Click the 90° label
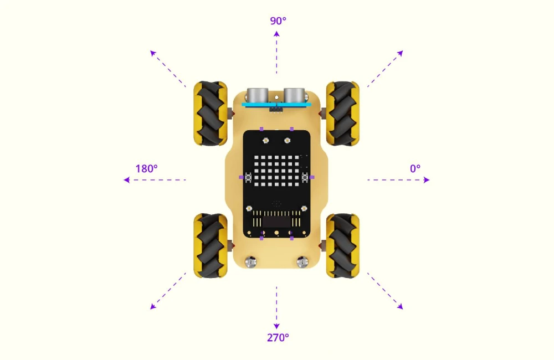point(278,21)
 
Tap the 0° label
point(415,168)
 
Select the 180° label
point(147,168)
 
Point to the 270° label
point(278,338)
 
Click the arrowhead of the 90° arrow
point(276,34)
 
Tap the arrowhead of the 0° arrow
point(427,180)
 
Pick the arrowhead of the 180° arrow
point(126,180)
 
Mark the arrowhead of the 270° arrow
point(276,326)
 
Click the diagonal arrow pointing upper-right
point(385,69)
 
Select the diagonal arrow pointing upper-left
point(168,69)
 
